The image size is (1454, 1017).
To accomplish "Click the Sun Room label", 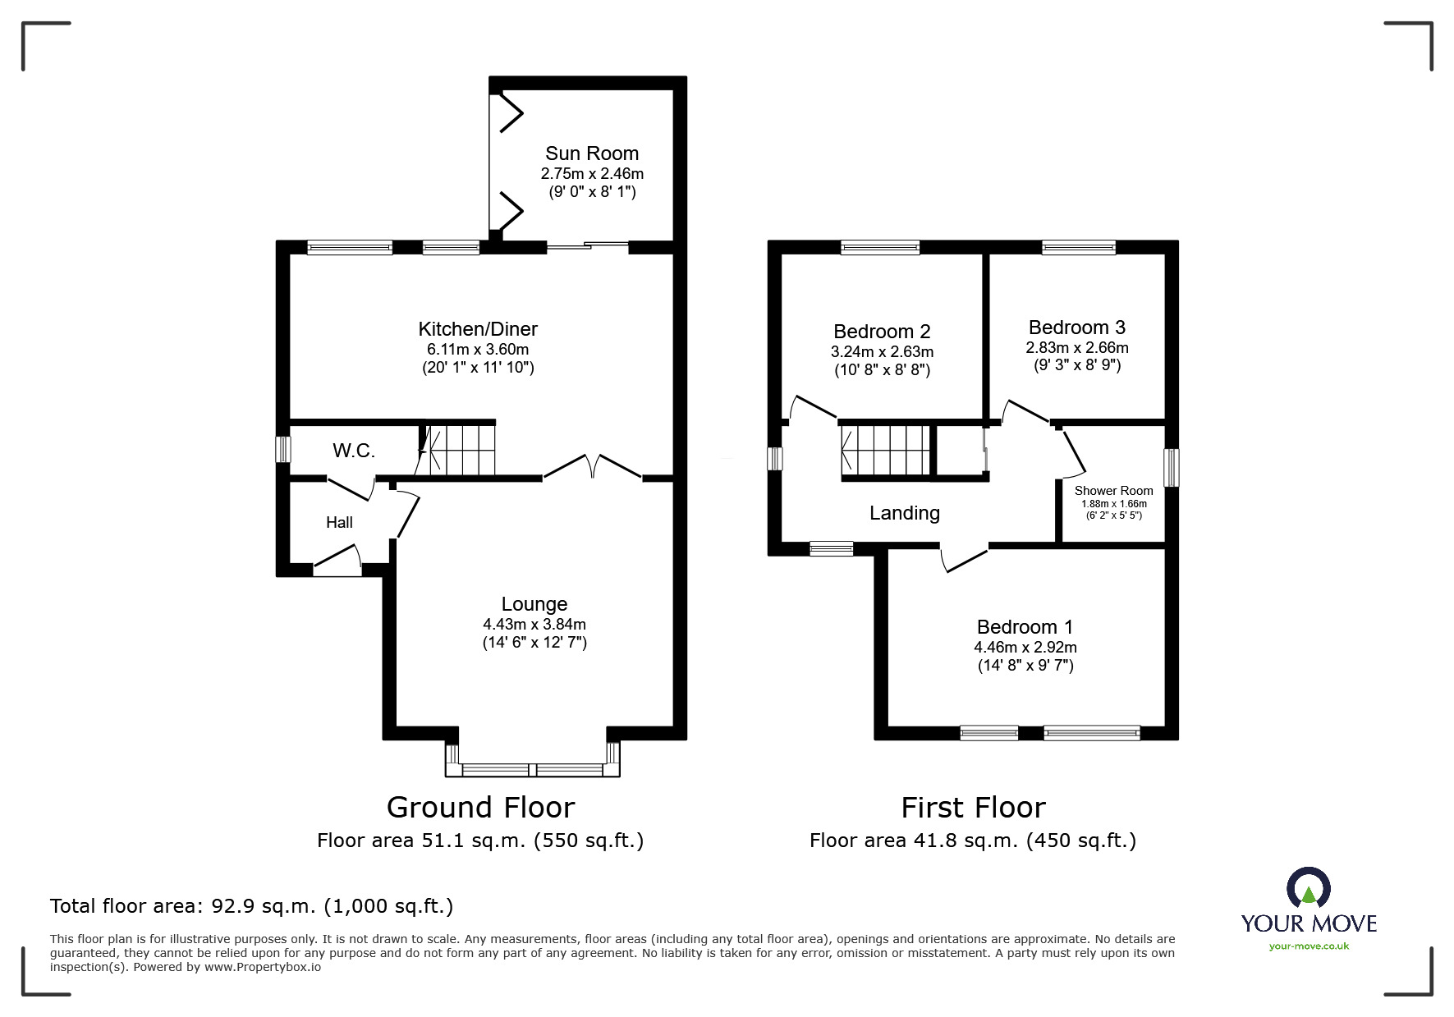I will [x=591, y=153].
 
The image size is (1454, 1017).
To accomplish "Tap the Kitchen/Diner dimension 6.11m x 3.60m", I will [x=477, y=349].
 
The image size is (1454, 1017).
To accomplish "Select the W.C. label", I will [x=354, y=451].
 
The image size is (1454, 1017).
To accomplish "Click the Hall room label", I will [x=339, y=522].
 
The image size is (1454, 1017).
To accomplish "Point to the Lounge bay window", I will [x=532, y=769].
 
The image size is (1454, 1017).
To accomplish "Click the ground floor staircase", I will [x=457, y=449].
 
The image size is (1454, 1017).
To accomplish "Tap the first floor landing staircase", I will [x=885, y=451].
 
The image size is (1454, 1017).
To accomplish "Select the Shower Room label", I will [x=1113, y=491].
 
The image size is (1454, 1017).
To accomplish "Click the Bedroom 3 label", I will [x=1076, y=328].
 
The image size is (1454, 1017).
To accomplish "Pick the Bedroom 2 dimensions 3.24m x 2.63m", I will [x=882, y=351].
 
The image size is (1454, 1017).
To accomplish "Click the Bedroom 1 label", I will [x=1025, y=627].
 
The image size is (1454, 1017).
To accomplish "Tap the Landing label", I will [x=904, y=513].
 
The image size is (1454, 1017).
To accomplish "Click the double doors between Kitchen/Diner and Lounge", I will [x=592, y=467].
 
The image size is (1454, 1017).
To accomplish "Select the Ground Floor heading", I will [x=480, y=808].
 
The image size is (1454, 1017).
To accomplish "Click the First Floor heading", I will [x=973, y=808].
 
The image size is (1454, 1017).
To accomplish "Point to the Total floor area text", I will [x=251, y=906].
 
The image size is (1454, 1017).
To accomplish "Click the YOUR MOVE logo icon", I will [x=1308, y=887].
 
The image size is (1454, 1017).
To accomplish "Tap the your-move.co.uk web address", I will [x=1309, y=946].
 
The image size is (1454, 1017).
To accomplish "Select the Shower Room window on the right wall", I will [x=1172, y=468].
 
